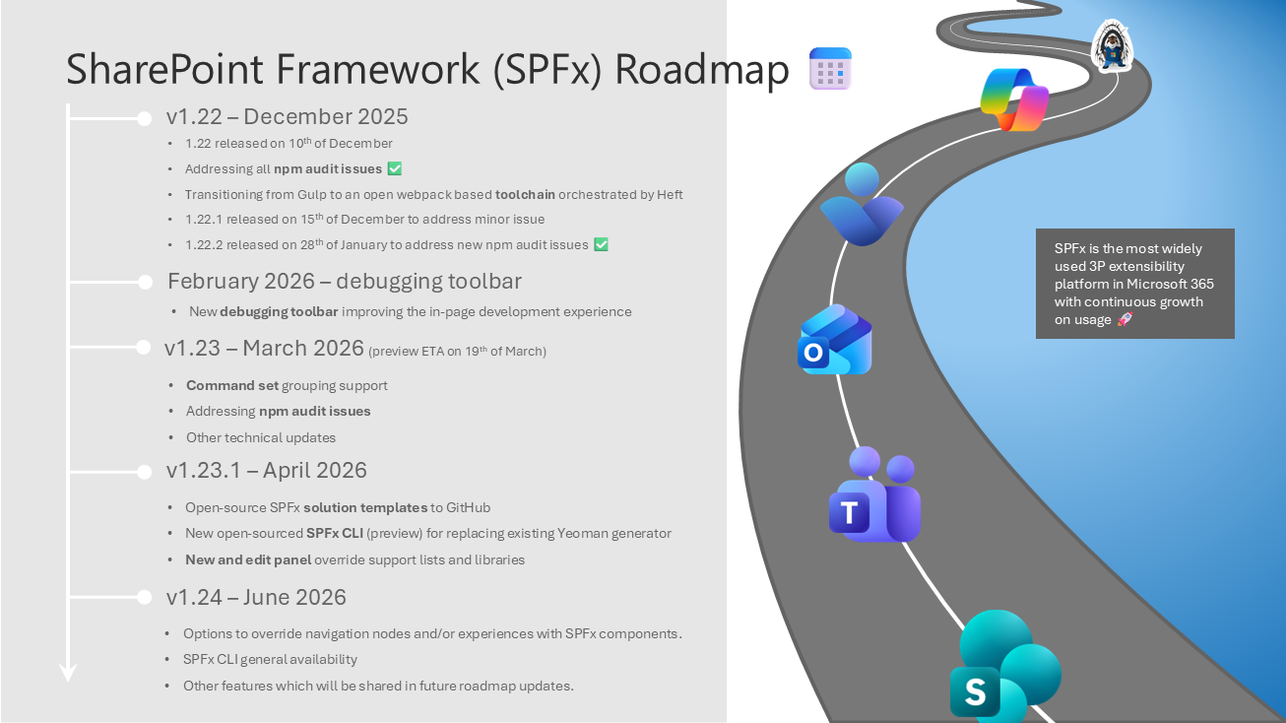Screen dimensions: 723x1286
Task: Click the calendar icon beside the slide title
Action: pos(830,69)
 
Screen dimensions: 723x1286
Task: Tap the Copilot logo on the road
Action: pos(1014,99)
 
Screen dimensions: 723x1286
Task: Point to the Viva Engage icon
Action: pos(862,205)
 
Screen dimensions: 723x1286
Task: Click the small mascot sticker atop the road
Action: pos(1113,46)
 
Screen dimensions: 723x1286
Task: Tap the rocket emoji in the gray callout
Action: pos(1125,320)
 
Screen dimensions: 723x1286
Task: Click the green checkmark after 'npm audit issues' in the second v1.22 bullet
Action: pos(395,169)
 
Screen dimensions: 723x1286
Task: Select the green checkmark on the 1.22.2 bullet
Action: pos(601,244)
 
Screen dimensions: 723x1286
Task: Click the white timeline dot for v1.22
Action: pos(146,118)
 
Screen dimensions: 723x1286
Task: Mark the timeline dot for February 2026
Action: pos(146,283)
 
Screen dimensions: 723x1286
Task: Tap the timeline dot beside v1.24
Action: pos(146,598)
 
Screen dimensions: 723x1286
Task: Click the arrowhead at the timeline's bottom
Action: pos(68,673)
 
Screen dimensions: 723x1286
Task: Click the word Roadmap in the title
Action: pos(702,70)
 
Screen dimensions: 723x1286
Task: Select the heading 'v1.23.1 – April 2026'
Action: pos(266,471)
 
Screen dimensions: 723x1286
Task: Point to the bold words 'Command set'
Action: pos(232,385)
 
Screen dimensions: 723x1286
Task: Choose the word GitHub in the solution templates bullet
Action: pos(468,507)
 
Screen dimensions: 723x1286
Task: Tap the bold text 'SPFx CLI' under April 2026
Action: pos(336,533)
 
